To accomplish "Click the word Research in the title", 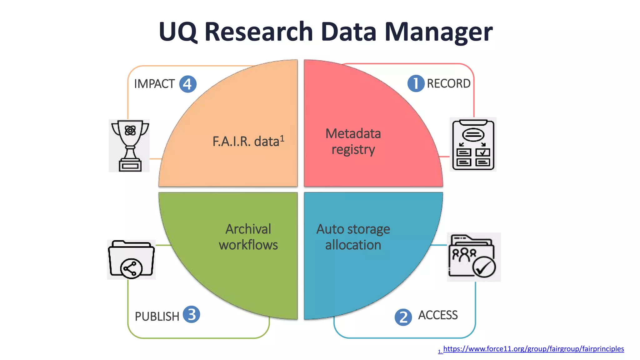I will [x=258, y=32].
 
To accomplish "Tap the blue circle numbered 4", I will [x=188, y=84].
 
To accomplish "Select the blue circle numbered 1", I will [x=416, y=83].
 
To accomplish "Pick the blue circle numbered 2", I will [x=403, y=317].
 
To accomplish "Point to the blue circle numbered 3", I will [x=191, y=314].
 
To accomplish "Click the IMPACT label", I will [x=154, y=84].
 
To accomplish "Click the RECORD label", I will [x=448, y=84].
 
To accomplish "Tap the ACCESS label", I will [x=438, y=315].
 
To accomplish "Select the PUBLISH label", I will [x=157, y=317].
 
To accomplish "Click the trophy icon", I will [x=129, y=146].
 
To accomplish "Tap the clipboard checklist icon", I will [x=473, y=144].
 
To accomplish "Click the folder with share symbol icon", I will [x=131, y=259].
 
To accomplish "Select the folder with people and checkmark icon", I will [x=473, y=257].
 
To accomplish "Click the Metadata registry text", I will [x=353, y=142].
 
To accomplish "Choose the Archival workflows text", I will [x=248, y=237].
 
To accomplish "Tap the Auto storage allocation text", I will [x=353, y=237].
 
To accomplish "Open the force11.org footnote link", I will [x=533, y=349].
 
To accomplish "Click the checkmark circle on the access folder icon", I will [x=484, y=267].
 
